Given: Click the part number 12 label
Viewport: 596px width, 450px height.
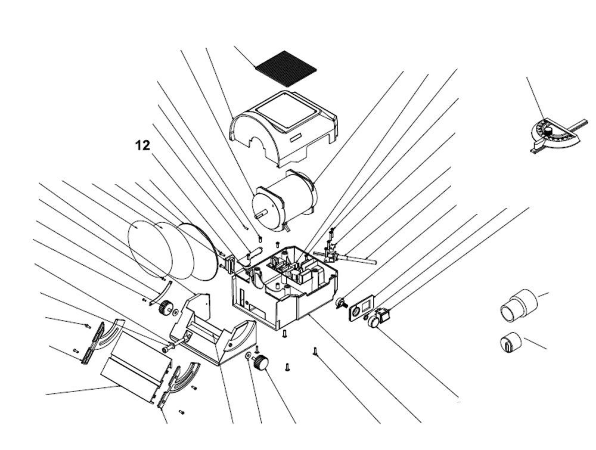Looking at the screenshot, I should coord(142,145).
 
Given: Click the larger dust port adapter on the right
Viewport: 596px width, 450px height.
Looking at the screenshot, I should coord(518,303).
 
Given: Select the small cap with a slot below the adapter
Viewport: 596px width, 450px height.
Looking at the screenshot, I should coord(510,343).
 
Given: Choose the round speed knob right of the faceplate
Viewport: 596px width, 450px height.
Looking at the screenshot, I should coord(375,321).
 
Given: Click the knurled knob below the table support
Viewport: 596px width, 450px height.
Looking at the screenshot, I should coord(260,362).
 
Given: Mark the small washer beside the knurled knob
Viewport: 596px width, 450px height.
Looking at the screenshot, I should coord(248,356).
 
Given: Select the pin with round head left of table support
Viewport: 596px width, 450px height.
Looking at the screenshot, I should coord(170,344).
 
